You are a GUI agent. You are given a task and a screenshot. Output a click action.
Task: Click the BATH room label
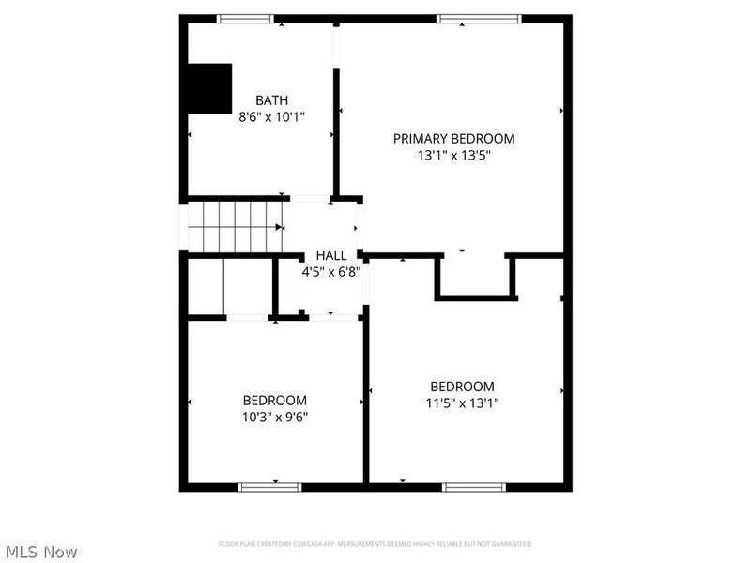coord(272,100)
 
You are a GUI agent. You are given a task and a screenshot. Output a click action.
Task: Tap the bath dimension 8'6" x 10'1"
coord(272,117)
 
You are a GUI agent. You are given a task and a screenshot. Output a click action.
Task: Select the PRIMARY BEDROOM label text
coord(453,139)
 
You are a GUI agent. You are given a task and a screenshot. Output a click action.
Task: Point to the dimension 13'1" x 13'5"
coord(453,156)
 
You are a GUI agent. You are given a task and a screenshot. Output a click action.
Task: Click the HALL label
coord(330,255)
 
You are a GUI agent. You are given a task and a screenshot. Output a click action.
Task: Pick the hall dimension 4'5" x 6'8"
coord(330,272)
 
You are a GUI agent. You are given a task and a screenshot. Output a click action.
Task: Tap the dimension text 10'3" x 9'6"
coord(275,416)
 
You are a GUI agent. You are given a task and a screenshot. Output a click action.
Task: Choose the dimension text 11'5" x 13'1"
coord(462,403)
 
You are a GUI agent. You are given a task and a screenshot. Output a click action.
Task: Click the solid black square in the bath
coord(209,88)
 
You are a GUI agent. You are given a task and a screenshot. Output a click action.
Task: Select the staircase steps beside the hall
coord(234,226)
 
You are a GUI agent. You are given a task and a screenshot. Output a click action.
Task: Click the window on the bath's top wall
coord(245,19)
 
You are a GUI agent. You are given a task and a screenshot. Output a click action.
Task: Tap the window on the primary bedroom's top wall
coord(479,19)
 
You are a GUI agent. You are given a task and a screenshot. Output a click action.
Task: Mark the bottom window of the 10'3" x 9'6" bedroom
coord(269,487)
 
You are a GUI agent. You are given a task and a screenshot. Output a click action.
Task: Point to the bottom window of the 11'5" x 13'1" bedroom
coord(474,487)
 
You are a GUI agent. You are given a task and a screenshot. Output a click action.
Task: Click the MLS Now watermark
coord(40,552)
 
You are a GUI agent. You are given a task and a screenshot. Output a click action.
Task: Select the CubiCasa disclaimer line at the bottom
coord(375,544)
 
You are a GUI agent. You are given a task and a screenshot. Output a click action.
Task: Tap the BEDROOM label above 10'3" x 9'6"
coord(275,399)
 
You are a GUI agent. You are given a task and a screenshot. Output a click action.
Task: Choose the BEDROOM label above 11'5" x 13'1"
coord(462,387)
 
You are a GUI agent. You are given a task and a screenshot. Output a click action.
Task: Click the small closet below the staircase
coord(229,287)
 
